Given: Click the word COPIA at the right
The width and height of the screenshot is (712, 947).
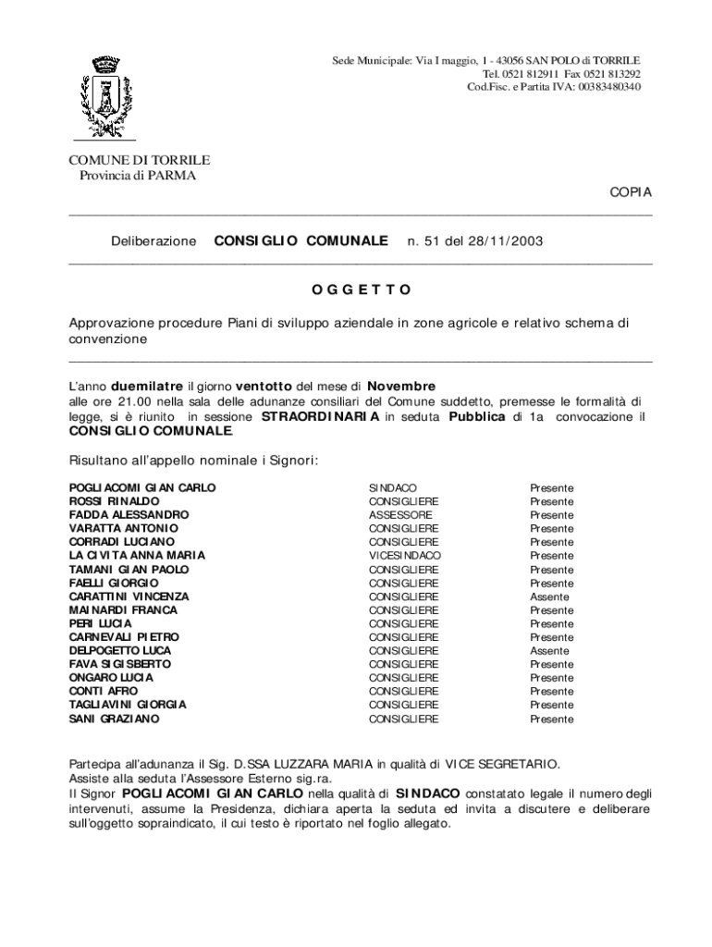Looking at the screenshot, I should (630, 192).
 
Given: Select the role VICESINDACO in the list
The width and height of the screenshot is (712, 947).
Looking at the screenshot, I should (405, 556).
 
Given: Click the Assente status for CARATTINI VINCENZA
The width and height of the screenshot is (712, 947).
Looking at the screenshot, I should (549, 597).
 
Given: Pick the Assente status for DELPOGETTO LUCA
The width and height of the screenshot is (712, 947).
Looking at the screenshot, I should (549, 651).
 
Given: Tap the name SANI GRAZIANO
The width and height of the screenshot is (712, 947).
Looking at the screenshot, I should (114, 719).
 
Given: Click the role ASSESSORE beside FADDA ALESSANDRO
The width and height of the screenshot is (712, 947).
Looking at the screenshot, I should (400, 515).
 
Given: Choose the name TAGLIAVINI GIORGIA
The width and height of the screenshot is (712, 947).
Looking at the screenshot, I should (128, 705).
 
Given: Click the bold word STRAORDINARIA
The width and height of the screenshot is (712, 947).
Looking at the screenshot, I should (320, 417).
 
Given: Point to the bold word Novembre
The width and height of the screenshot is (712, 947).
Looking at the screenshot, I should (401, 386).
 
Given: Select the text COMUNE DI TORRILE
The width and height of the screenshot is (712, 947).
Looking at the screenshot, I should (140, 160).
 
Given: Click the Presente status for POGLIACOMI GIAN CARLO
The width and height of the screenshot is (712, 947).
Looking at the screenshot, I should (551, 488).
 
